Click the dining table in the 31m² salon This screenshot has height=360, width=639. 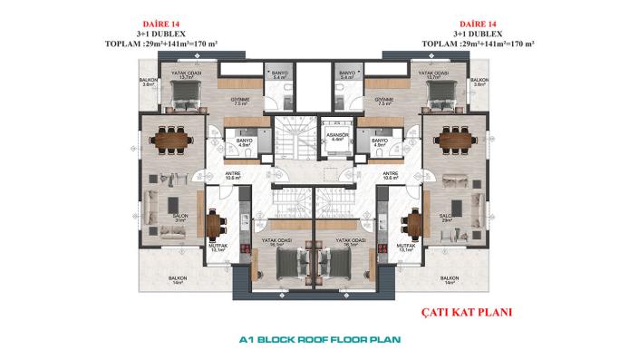pos(169,139)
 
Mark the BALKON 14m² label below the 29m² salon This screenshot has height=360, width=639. pos(448,280)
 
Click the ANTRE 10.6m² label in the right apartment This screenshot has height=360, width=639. pos(391,176)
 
